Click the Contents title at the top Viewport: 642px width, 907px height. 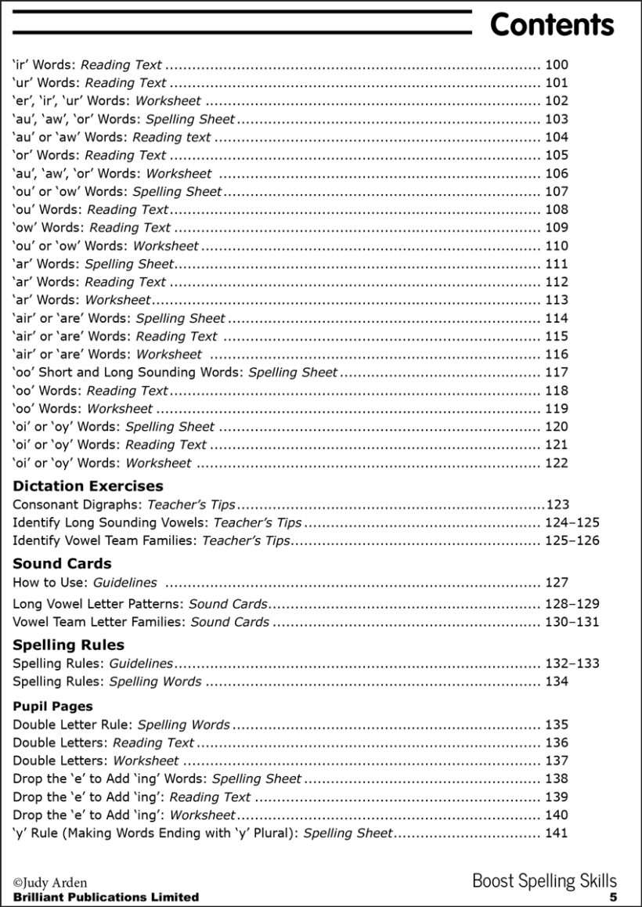(x=551, y=25)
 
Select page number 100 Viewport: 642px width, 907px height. (x=556, y=65)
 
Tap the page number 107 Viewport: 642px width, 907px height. (x=556, y=191)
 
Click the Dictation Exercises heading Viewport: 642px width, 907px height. (x=88, y=486)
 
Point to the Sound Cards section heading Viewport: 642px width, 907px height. (x=62, y=563)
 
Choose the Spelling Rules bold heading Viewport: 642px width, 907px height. (x=68, y=645)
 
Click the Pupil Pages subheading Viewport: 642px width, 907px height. (x=52, y=706)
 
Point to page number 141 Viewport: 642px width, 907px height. (x=556, y=833)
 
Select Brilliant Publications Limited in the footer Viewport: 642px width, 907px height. (x=106, y=897)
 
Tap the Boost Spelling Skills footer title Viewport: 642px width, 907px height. (x=544, y=881)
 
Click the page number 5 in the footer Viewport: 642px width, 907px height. (x=613, y=897)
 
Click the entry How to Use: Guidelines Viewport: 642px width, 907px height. (x=85, y=582)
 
